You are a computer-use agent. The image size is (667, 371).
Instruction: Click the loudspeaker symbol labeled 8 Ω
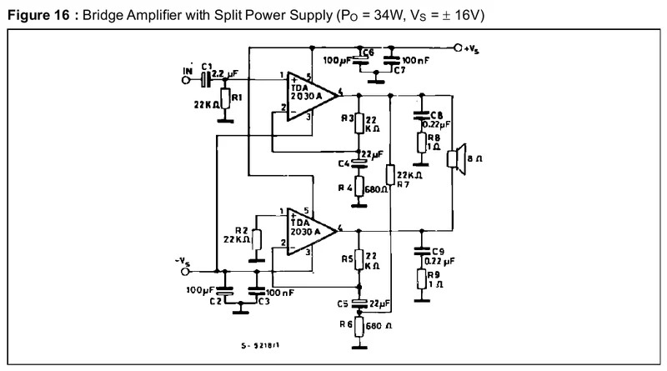point(456,159)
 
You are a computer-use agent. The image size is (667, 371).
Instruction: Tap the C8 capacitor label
point(436,115)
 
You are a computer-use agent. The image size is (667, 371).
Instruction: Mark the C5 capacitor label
point(343,302)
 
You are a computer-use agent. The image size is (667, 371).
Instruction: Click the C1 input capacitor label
point(207,65)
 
